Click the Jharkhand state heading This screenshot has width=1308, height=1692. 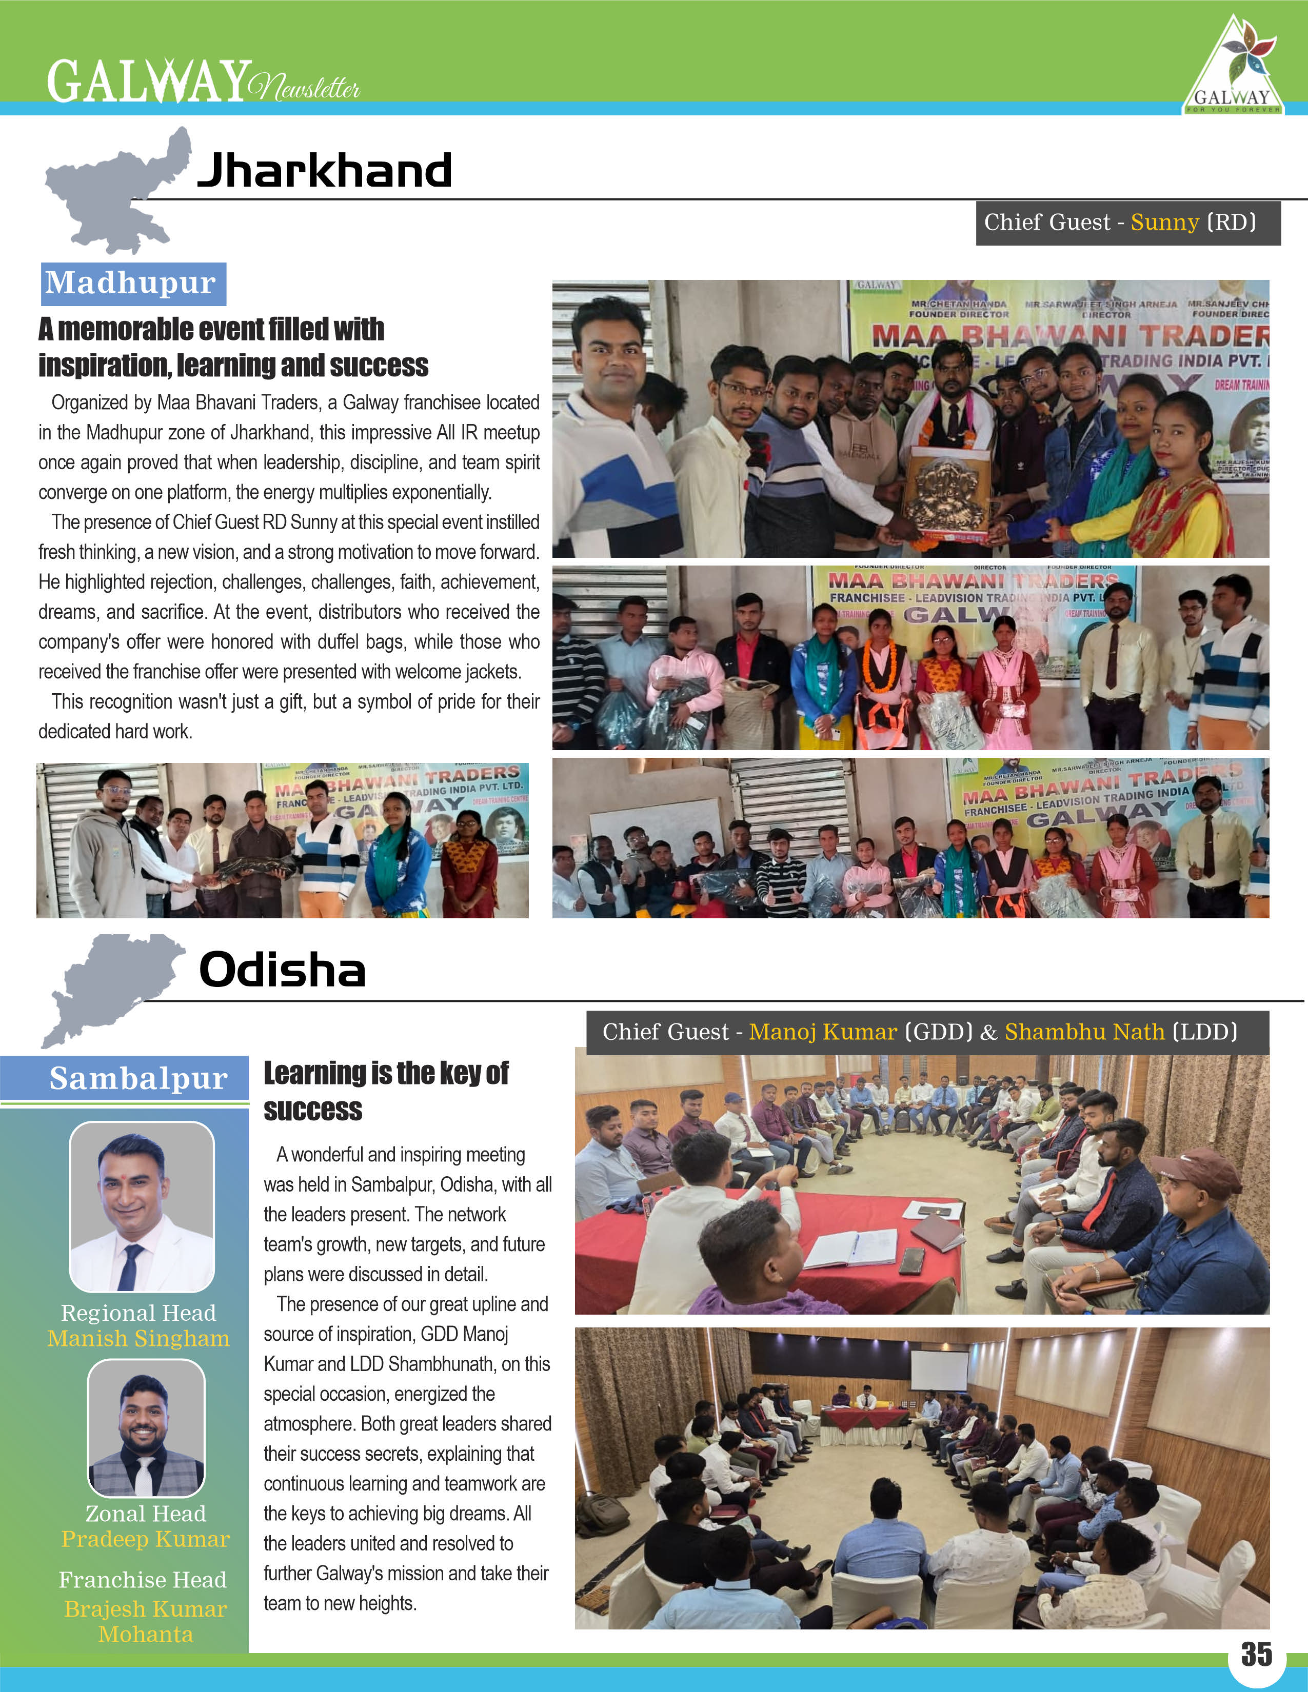click(325, 170)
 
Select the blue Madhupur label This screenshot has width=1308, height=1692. click(132, 284)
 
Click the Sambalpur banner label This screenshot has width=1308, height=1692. click(138, 1078)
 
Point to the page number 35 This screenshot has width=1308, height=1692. click(1256, 1654)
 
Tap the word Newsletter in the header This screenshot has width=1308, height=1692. click(305, 87)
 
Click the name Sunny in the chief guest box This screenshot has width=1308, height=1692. click(1164, 223)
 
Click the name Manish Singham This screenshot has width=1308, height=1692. click(138, 1339)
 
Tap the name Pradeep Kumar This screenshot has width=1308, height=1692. click(146, 1539)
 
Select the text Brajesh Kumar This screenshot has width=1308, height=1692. click(146, 1608)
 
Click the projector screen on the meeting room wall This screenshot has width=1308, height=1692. click(938, 1371)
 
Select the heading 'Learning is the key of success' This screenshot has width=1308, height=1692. click(386, 1091)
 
